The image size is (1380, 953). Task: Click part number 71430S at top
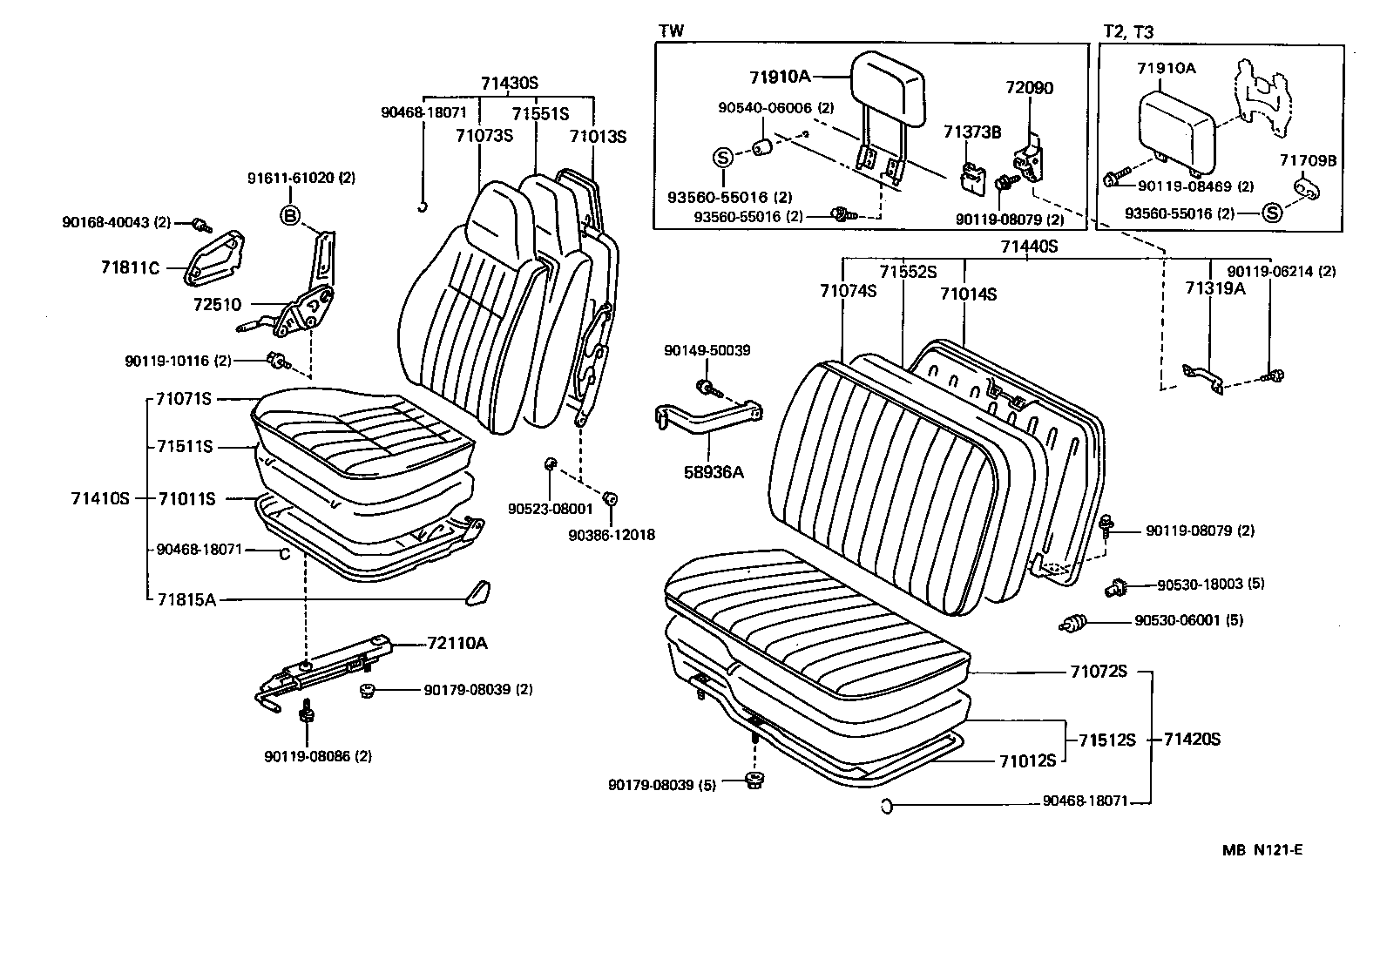click(x=510, y=84)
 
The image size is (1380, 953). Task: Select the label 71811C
click(x=130, y=267)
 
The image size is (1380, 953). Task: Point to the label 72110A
click(x=457, y=644)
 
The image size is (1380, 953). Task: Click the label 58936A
click(x=713, y=472)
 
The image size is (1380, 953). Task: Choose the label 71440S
click(x=1028, y=247)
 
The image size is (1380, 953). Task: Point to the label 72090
click(x=1029, y=88)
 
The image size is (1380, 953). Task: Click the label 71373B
click(x=971, y=132)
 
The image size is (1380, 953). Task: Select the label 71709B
click(x=1307, y=160)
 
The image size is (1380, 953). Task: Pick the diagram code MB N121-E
click(x=1261, y=850)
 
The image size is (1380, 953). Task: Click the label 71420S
click(x=1191, y=740)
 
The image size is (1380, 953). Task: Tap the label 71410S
click(x=99, y=499)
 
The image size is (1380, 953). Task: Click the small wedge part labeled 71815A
click(x=477, y=591)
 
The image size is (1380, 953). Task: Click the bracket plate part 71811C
click(x=213, y=258)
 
